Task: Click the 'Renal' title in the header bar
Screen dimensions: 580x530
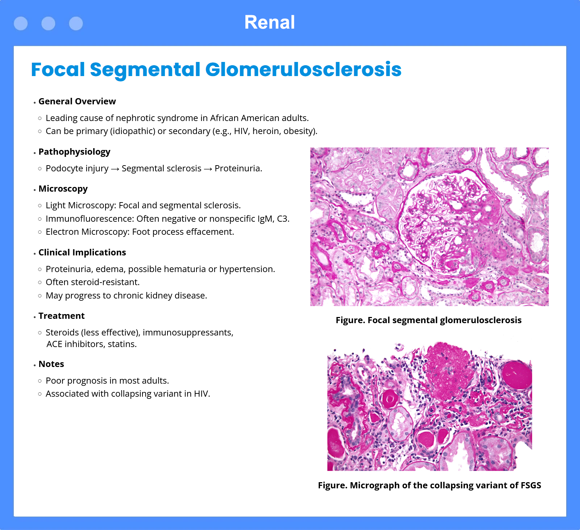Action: pyautogui.click(x=269, y=22)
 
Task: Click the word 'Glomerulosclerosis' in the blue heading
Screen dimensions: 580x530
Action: pyautogui.click(x=303, y=70)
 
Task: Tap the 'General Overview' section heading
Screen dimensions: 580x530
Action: pyautogui.click(x=77, y=101)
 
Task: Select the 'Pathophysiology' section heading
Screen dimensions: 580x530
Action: pyautogui.click(x=74, y=152)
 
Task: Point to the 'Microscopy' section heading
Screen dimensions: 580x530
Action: pyautogui.click(x=63, y=189)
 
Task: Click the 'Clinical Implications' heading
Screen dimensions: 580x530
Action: pyautogui.click(x=82, y=253)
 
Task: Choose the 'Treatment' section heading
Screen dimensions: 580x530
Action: pyautogui.click(x=62, y=316)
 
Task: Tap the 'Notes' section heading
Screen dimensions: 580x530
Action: pyautogui.click(x=51, y=364)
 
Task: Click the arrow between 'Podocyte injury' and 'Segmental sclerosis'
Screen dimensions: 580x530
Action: pyautogui.click(x=115, y=169)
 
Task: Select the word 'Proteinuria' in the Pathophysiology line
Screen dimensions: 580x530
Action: pyautogui.click(x=237, y=168)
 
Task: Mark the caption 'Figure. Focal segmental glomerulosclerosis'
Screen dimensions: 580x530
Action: pyautogui.click(x=428, y=320)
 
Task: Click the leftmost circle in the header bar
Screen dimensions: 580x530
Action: pyautogui.click(x=21, y=24)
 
